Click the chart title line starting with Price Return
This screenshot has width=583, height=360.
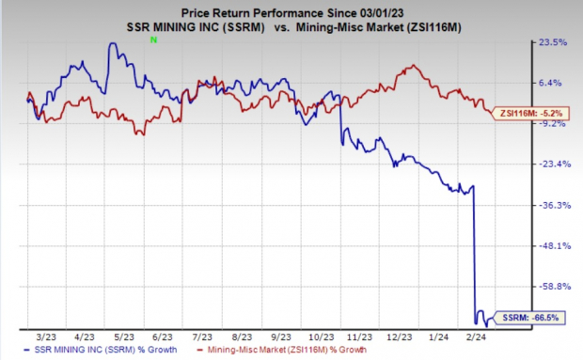coord(291,8)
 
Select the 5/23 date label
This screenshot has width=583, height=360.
coord(123,334)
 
